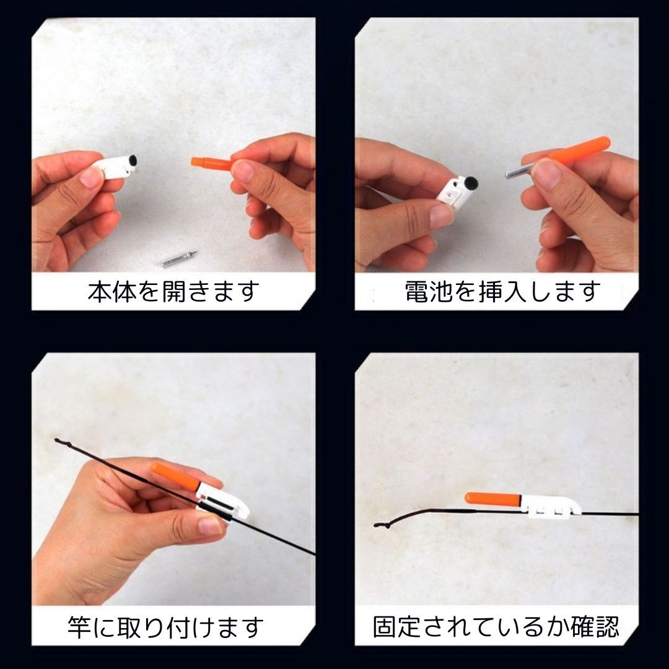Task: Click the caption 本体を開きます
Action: [x=173, y=292]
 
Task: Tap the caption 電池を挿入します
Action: [x=502, y=292]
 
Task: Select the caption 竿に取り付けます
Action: [x=165, y=627]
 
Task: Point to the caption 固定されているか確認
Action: [x=496, y=626]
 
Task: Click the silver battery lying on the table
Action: [x=179, y=259]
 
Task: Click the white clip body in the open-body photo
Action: [x=115, y=167]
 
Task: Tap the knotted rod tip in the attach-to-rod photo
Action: [x=63, y=442]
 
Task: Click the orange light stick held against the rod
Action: [x=176, y=475]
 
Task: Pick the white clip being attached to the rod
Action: [x=222, y=501]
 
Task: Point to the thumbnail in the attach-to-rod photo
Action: [x=210, y=525]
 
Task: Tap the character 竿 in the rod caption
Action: [x=79, y=627]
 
